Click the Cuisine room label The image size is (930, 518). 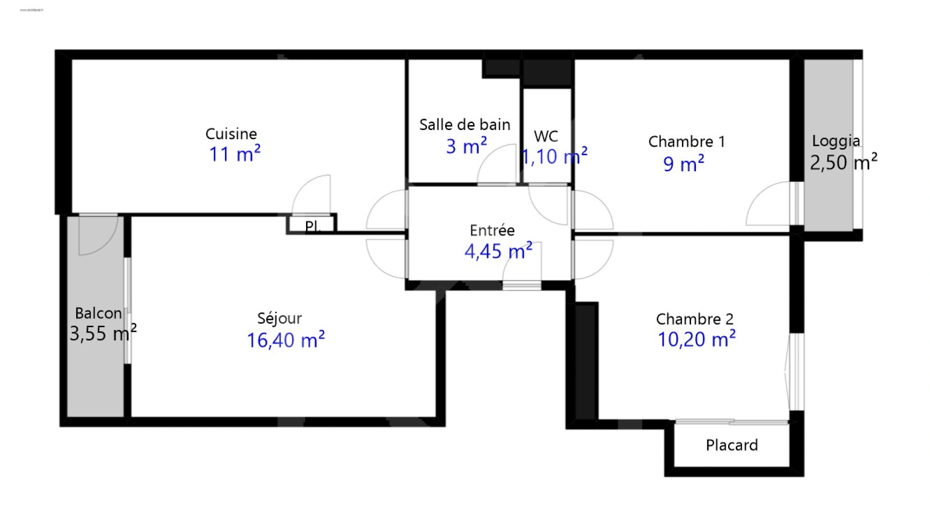tap(231, 134)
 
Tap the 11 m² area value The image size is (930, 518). tap(234, 154)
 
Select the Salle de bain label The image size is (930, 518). tap(464, 125)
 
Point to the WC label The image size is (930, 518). tap(546, 136)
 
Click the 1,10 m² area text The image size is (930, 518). tap(554, 156)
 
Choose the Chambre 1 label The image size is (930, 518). tap(686, 141)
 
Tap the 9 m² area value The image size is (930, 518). tap(683, 164)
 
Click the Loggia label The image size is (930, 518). tap(836, 141)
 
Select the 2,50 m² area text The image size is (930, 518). tap(843, 162)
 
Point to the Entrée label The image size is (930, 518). tap(492, 231)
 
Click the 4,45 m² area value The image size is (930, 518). tap(498, 251)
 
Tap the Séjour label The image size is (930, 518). tap(279, 318)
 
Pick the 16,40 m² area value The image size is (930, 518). tap(285, 340)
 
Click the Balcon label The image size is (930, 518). tap(98, 314)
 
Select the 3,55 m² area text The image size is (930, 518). tap(103, 333)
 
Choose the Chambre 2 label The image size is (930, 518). tap(694, 319)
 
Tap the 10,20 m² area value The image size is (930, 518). tap(696, 340)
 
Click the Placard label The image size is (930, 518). tap(731, 445)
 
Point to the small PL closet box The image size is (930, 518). tap(312, 224)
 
